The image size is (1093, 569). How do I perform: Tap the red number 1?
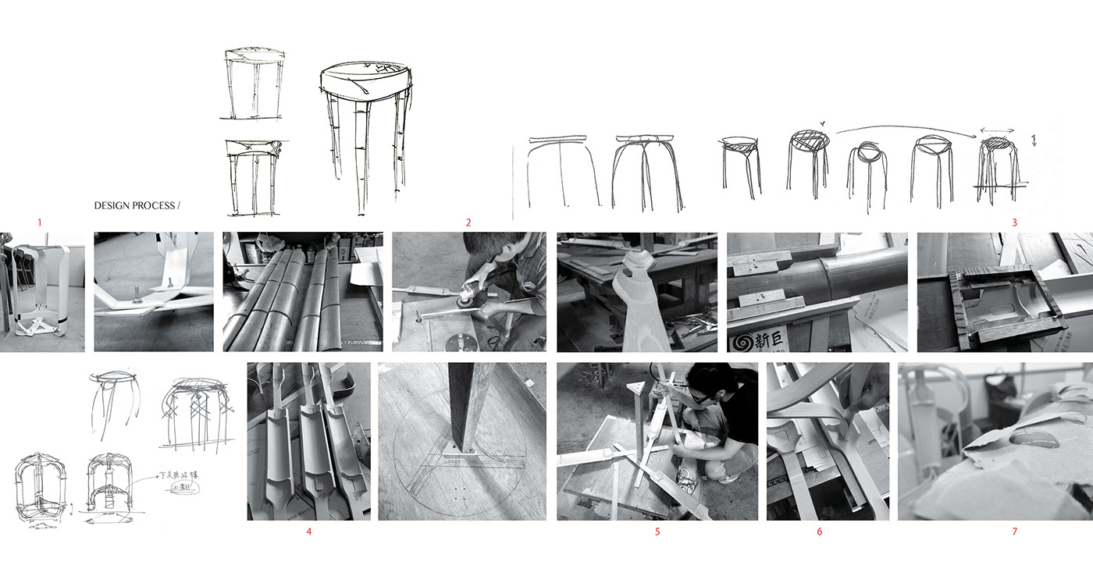(39, 222)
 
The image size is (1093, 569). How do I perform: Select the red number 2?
(468, 222)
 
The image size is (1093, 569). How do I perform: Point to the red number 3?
(1014, 222)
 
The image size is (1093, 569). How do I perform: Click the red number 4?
(309, 532)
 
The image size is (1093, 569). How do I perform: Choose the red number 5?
(657, 532)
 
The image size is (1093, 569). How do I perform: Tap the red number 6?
(819, 532)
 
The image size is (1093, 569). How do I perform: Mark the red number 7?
(1014, 532)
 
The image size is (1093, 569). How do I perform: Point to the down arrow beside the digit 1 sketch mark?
(1034, 142)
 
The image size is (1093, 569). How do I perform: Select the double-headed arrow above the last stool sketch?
(995, 131)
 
